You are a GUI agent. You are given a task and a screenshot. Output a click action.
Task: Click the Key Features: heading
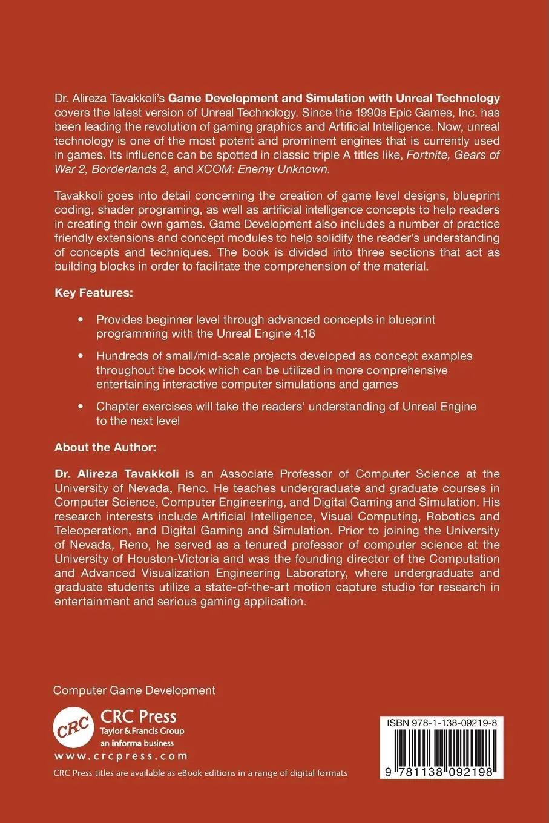[93, 293]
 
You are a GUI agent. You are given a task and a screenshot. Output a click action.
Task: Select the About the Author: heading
[105, 447]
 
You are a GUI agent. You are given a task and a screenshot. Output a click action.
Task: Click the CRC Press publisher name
[138, 717]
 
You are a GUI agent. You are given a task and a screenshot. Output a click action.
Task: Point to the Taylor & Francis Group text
[142, 731]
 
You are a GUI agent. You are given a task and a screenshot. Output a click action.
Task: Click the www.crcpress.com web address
[120, 756]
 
